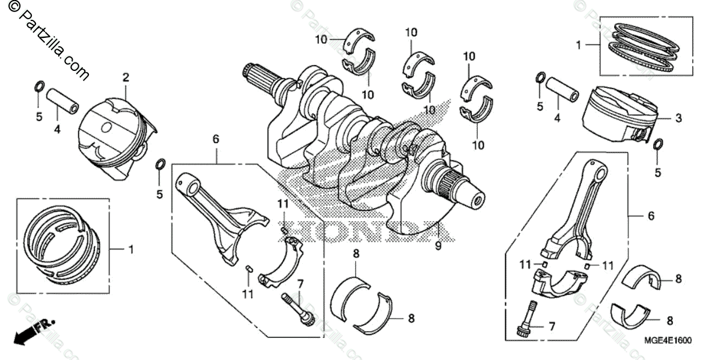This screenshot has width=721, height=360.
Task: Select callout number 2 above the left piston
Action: click(126, 77)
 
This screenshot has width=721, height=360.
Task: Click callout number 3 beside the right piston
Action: click(678, 118)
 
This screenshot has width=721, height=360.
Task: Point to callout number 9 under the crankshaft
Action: click(438, 245)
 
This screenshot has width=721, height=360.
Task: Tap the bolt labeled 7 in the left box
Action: click(297, 307)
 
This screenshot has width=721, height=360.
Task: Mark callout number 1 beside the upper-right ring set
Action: click(578, 44)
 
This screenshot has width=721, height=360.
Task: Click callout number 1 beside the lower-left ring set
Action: click(131, 248)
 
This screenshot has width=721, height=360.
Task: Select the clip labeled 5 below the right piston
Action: click(658, 145)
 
